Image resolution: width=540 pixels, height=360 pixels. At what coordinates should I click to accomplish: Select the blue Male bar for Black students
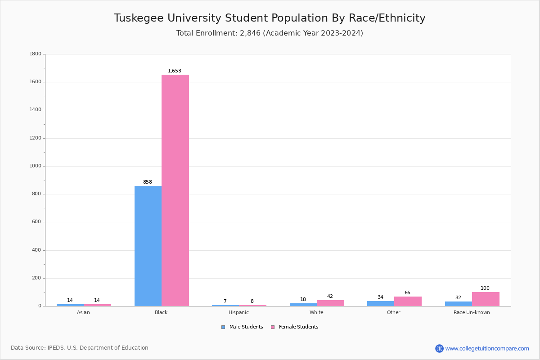(148, 246)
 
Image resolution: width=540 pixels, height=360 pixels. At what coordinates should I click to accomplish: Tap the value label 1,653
(175, 71)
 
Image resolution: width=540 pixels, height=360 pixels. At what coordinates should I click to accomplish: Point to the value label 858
(148, 182)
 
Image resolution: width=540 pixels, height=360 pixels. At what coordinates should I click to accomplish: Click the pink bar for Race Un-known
(486, 299)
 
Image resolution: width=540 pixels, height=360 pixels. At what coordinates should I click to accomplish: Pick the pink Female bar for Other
(408, 301)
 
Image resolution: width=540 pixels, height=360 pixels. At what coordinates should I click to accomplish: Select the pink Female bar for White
(330, 303)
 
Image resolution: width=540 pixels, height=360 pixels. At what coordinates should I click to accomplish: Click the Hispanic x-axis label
(238, 312)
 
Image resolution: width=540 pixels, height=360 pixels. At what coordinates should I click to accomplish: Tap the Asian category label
(83, 312)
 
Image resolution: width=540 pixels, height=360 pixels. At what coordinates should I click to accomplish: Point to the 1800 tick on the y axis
(35, 54)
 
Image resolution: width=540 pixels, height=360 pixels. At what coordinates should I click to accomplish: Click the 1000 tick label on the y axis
(35, 166)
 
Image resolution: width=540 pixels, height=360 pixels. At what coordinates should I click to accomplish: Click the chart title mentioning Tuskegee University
(270, 18)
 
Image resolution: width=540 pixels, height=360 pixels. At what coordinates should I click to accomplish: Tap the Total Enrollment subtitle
(270, 33)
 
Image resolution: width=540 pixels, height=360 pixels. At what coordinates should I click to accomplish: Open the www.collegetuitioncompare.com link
(487, 348)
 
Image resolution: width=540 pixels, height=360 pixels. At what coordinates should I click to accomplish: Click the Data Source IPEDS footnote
(80, 348)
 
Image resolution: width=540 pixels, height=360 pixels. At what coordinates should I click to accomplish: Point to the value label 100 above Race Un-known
(485, 288)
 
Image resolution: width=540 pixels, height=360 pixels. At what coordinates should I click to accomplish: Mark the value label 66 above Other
(407, 292)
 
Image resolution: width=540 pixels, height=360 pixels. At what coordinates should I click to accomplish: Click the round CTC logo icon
(439, 348)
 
